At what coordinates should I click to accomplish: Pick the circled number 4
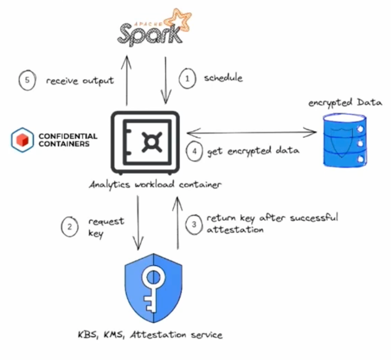click(195, 151)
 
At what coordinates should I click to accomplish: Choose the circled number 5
click(27, 80)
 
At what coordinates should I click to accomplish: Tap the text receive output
click(80, 81)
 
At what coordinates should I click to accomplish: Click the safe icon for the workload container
click(145, 141)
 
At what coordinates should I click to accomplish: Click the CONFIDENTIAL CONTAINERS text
click(68, 139)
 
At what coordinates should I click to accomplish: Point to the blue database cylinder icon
click(345, 138)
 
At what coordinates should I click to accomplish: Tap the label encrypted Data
click(345, 102)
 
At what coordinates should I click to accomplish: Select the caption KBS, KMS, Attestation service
click(150, 335)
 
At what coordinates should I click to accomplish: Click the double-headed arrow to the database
click(251, 132)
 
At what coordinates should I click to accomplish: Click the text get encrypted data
click(253, 151)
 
